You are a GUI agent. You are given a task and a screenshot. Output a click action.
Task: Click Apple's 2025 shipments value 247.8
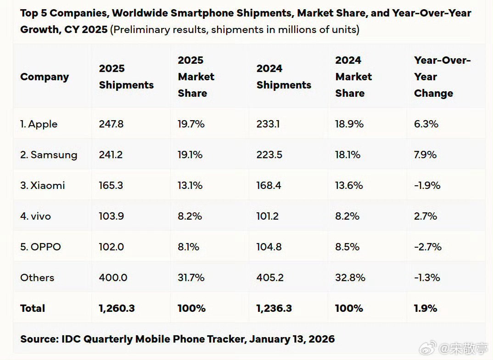pos(111,124)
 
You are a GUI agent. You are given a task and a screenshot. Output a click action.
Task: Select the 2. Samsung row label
pos(49,155)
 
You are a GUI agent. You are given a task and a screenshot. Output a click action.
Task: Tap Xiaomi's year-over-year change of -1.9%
pos(427,185)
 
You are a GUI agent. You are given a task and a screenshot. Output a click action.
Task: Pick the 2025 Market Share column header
pos(196,77)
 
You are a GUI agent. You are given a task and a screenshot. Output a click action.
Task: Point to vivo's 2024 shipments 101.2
pos(268,216)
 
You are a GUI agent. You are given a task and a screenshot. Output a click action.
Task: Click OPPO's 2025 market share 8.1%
pos(188,247)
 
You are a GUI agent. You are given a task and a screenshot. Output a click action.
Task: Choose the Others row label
pos(37,277)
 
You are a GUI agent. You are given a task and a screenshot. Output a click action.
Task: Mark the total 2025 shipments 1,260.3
pos(117,308)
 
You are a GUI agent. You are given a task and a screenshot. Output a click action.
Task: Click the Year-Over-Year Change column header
pos(442,77)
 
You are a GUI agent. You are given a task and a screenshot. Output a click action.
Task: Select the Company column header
pos(45,77)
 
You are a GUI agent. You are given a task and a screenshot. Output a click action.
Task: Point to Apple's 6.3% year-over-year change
pos(426,124)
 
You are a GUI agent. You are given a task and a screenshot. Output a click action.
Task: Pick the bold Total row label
pos(33,308)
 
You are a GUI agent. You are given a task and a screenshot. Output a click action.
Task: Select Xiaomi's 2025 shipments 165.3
pos(111,185)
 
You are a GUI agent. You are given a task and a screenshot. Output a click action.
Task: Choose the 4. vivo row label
pos(35,216)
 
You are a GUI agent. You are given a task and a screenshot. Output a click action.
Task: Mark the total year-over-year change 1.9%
pos(426,308)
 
